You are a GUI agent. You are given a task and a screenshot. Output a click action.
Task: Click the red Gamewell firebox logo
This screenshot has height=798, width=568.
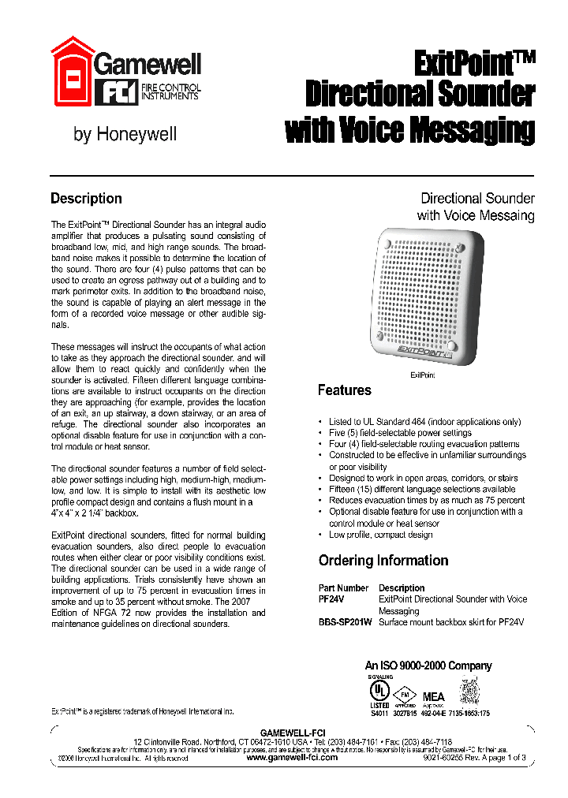[x=72, y=72]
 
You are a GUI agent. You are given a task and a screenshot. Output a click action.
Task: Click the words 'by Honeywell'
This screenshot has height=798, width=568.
[x=125, y=134]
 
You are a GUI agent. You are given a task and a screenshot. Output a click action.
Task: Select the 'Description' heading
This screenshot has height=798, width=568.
[x=86, y=199]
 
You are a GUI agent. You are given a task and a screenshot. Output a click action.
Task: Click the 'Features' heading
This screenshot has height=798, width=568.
[x=344, y=390]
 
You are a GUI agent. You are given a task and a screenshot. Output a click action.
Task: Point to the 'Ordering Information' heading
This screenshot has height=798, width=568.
[x=383, y=561]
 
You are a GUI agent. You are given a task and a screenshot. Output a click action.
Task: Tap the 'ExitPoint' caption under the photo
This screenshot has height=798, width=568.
[x=422, y=376]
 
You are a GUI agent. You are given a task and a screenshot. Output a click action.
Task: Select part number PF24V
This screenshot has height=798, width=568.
[x=331, y=599]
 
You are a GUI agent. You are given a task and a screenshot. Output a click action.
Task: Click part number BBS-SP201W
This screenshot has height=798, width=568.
[x=345, y=622]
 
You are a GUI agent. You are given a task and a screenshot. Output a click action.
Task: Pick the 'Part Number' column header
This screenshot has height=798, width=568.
[x=343, y=588]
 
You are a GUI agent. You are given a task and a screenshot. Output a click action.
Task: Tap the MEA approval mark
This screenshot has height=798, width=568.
[x=434, y=697]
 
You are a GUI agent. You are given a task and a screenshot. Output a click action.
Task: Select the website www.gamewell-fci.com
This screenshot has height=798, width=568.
[x=292, y=757]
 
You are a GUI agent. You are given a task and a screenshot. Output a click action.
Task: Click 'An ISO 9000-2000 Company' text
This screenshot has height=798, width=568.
[x=428, y=666]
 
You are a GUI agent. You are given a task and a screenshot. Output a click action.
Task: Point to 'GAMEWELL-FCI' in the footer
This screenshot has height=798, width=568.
[x=292, y=733]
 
